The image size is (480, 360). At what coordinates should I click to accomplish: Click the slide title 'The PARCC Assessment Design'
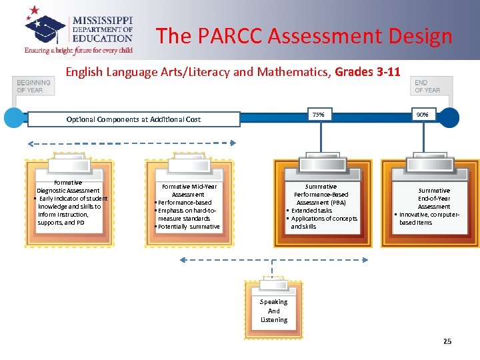point(304,36)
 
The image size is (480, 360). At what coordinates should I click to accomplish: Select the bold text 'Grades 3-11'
point(367,72)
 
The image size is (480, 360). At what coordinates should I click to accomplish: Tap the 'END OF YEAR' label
point(427,87)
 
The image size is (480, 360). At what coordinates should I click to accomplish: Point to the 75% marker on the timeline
point(319,115)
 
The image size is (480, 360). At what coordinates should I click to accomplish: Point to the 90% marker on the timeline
point(422,115)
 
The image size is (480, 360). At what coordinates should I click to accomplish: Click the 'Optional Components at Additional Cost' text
point(133,119)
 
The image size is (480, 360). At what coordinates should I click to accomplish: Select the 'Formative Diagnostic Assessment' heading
point(68,187)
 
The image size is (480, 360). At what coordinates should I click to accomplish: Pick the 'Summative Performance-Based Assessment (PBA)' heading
point(321,195)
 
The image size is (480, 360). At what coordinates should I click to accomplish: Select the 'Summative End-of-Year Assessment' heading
point(434,198)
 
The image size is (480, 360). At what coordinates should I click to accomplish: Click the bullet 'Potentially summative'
point(188,227)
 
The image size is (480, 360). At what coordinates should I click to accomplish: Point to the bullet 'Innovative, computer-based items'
point(428,219)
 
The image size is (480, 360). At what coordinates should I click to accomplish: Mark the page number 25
point(447,341)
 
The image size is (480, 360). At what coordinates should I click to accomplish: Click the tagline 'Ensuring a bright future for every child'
point(79,50)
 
